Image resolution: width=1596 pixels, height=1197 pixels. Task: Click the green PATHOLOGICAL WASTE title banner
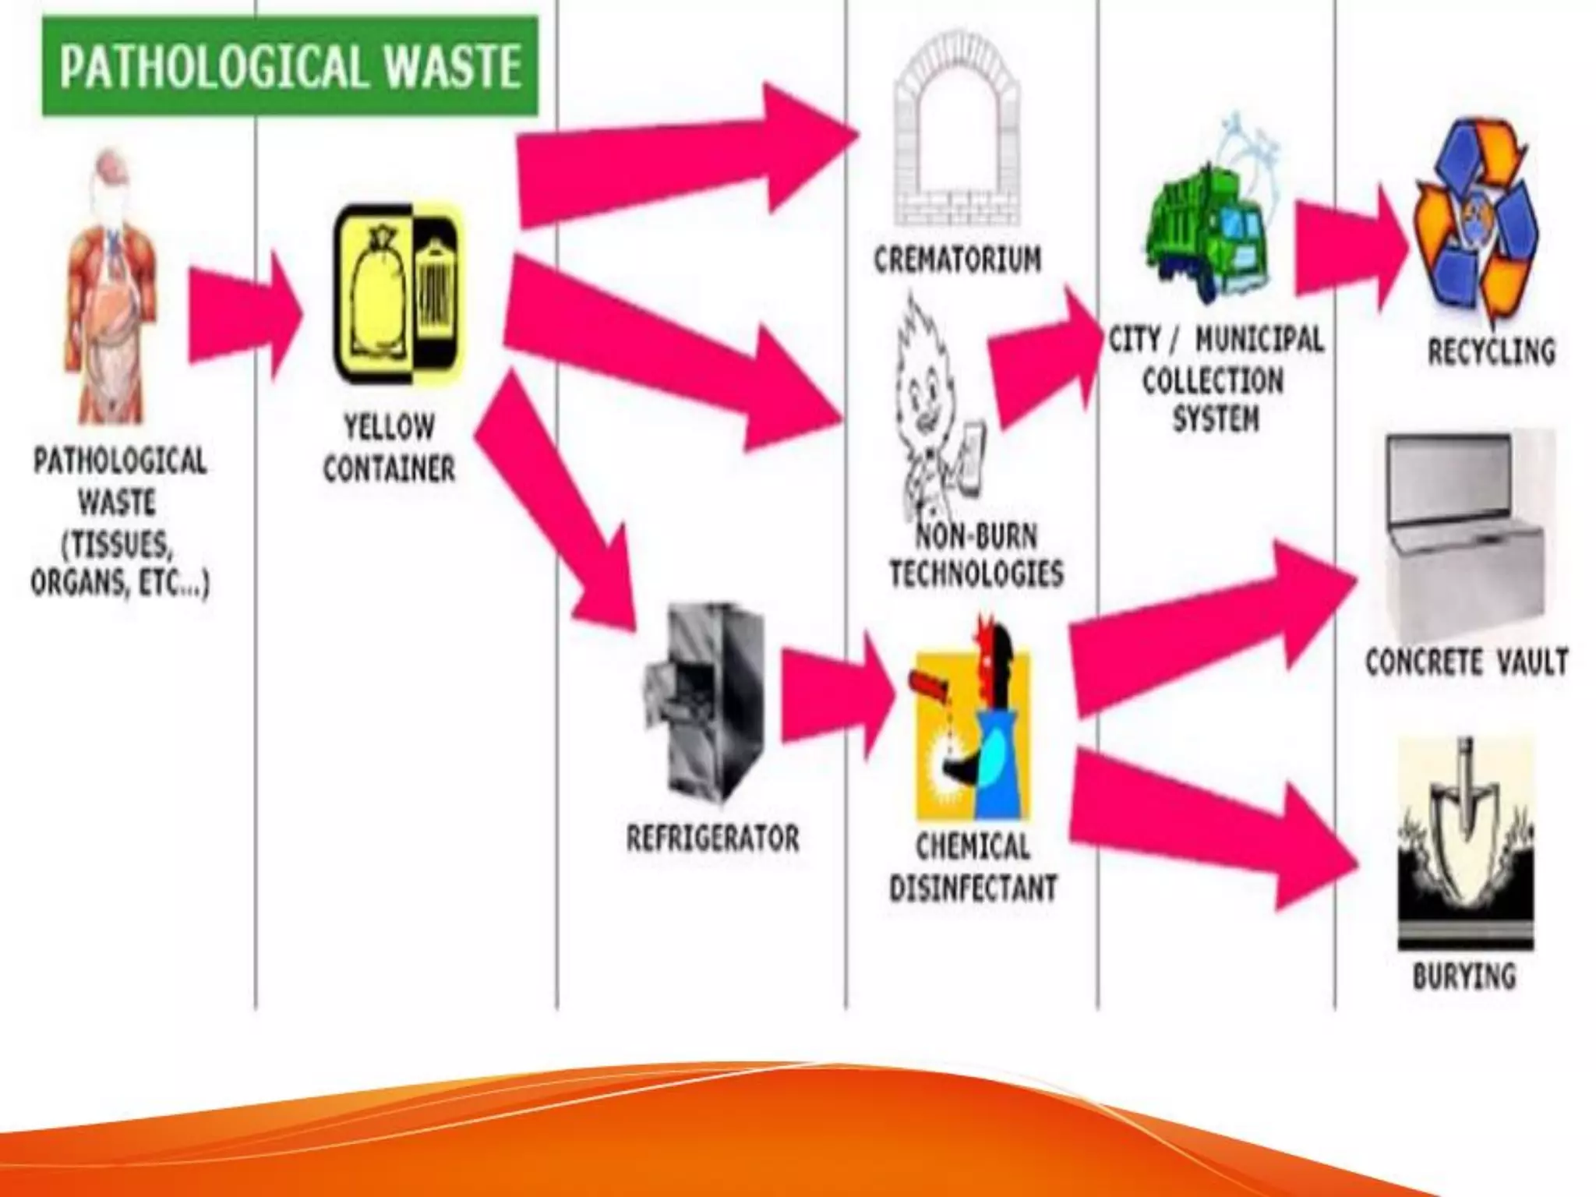pyautogui.click(x=290, y=66)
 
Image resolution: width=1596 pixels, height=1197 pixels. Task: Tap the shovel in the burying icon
pyautogui.click(x=1465, y=818)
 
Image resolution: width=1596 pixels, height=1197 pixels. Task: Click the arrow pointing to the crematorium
pyautogui.click(x=686, y=156)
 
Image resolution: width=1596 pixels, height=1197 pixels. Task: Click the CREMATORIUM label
pyautogui.click(x=957, y=260)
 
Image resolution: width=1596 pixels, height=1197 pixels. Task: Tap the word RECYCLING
pyautogui.click(x=1491, y=351)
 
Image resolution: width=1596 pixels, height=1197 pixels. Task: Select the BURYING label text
pyautogui.click(x=1464, y=976)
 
